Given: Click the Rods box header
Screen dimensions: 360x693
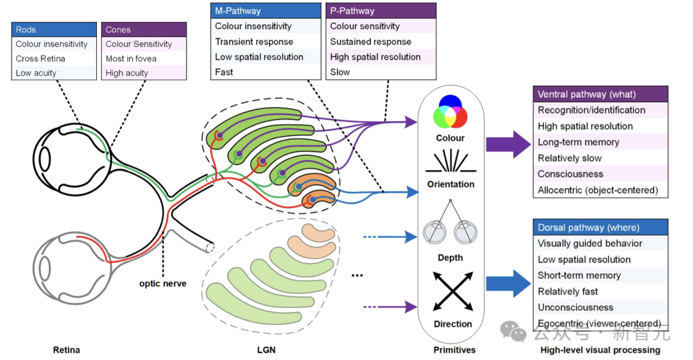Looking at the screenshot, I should [53, 30].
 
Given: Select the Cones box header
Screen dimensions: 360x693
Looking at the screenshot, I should [144, 30].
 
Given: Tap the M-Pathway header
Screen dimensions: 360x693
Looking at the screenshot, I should [266, 11].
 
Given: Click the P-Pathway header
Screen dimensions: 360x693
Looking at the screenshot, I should [381, 11].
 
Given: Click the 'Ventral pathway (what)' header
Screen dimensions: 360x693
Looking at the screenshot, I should [601, 94].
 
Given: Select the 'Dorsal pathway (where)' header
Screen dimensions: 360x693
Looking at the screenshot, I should [601, 228].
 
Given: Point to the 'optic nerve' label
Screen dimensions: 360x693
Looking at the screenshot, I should [164, 283].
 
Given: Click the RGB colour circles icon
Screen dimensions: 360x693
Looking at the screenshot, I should [450, 112].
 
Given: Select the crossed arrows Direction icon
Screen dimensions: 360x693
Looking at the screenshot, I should [452, 292].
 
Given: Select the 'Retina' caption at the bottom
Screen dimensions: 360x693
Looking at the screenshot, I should [67, 350].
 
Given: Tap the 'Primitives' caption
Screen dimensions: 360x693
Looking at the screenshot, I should [454, 350].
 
